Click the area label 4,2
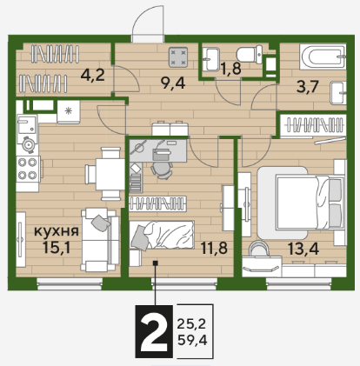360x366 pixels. coord(92,76)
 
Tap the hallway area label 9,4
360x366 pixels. coord(173,83)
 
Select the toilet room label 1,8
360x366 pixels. coord(231,69)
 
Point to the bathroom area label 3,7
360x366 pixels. coord(308,87)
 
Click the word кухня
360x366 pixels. coord(57,231)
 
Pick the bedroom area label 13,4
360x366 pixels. coord(303,249)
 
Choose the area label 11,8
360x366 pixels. coord(214,248)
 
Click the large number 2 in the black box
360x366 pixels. coord(154,332)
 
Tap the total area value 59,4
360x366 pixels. coord(192,340)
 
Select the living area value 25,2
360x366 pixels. coord(191,324)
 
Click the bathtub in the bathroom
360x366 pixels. coord(323,57)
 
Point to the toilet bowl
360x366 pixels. coord(250,54)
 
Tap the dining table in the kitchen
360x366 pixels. coord(109,173)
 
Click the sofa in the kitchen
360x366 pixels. coord(100,240)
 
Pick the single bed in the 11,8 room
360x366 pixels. coord(162,235)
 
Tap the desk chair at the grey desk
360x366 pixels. coord(162,169)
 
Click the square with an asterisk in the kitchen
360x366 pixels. coord(69,111)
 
